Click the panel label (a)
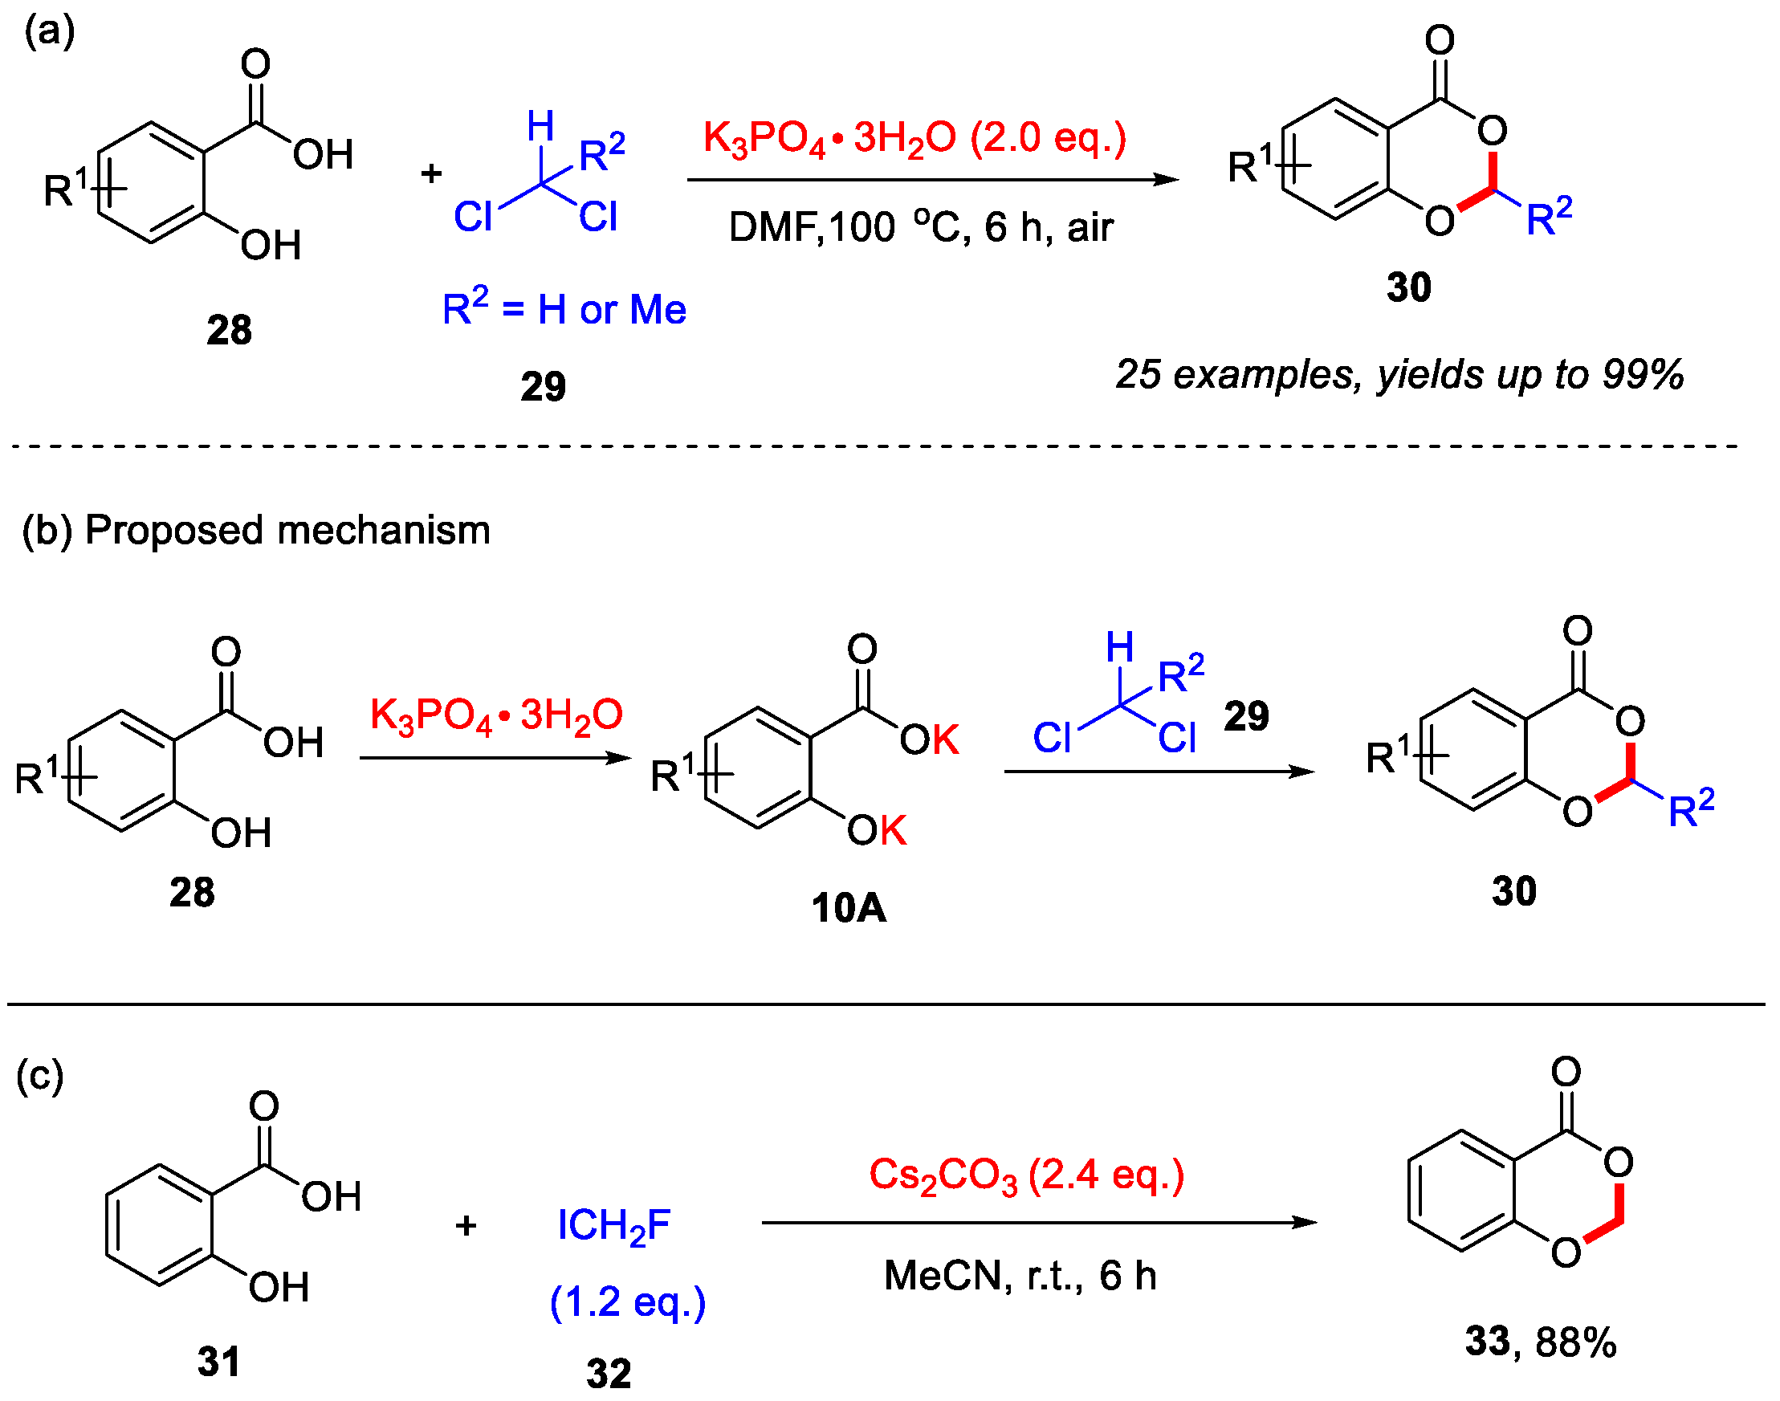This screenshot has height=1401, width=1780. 49,33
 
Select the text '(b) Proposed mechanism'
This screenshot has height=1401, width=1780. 256,531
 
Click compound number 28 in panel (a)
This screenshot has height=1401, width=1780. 229,331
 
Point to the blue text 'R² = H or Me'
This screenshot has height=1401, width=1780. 564,309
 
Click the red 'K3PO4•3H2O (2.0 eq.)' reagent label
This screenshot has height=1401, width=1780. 914,138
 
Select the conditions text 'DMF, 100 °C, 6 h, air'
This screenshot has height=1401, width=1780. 920,227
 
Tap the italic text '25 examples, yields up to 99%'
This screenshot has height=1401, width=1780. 1399,375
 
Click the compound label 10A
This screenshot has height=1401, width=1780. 848,908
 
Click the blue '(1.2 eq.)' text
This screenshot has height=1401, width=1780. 628,1301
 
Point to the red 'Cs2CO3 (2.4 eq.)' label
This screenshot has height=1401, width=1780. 1026,1175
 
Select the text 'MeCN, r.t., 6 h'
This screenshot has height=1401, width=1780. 1020,1277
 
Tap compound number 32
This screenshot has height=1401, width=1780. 609,1373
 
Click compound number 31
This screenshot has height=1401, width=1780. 219,1362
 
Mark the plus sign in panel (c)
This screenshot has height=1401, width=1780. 466,1226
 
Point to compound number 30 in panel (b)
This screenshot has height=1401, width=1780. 1513,892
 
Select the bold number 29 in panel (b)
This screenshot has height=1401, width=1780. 1246,716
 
